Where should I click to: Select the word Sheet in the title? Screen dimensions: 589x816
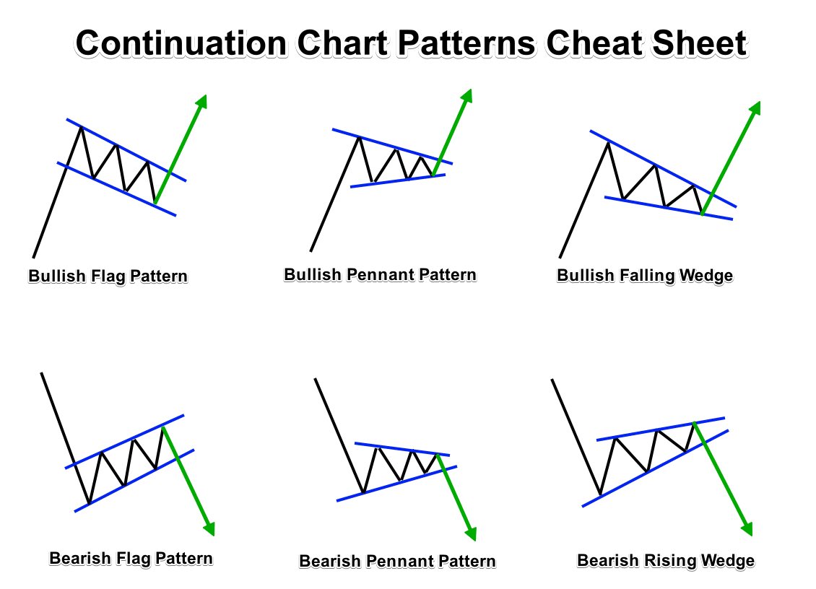tap(700, 44)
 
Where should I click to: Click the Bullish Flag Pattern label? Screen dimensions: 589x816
tap(108, 276)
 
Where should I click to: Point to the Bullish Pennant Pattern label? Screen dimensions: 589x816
tap(380, 275)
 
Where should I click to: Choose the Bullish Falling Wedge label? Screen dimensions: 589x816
tap(645, 276)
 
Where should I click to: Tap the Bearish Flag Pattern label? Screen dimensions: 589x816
tap(131, 558)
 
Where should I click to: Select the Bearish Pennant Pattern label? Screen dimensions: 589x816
tap(397, 561)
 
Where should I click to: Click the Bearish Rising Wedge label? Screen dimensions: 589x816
tap(666, 560)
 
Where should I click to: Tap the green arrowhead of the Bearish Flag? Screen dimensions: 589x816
tap(209, 528)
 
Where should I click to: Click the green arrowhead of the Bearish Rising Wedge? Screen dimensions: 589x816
tap(747, 528)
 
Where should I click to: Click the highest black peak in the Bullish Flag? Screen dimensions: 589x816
tap(80, 127)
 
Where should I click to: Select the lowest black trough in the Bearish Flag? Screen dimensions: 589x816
tap(89, 502)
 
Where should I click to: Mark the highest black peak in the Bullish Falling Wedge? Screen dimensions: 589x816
tap(608, 143)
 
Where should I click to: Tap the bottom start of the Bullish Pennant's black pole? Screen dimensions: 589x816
tap(311, 251)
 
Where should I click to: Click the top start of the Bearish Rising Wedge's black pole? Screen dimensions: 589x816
tap(552, 379)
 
